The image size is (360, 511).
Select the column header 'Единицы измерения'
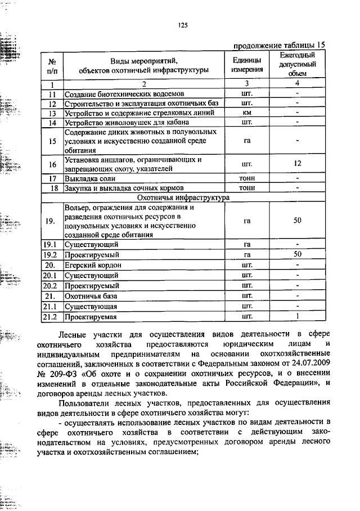click(247, 65)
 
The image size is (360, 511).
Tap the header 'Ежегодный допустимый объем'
click(298, 64)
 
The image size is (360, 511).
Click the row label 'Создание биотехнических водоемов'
click(124, 94)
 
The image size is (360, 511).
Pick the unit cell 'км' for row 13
click(246, 113)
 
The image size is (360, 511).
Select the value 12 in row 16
click(298, 164)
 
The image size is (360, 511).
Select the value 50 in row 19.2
click(298, 254)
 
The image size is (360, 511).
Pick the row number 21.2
click(51, 317)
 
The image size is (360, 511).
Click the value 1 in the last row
click(298, 317)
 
